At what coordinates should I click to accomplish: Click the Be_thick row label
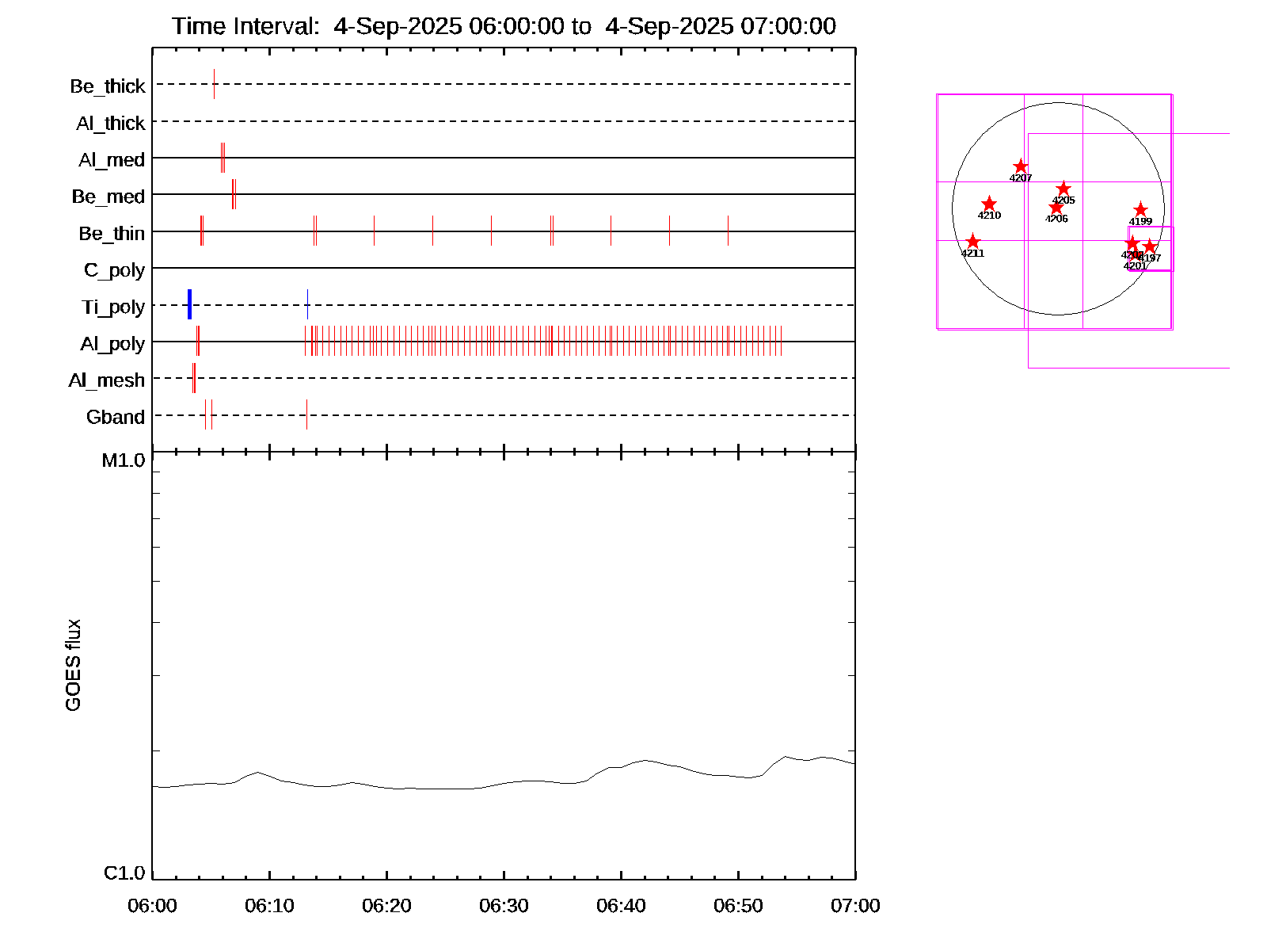[108, 86]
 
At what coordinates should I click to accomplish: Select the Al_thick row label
[111, 123]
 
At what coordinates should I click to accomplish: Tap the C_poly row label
[115, 270]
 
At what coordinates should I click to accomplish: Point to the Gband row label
[116, 417]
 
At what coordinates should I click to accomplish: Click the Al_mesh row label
[107, 380]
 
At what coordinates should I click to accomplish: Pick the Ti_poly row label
[113, 307]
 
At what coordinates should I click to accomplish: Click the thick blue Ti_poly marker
[189, 304]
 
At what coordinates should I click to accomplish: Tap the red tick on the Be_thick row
[214, 84]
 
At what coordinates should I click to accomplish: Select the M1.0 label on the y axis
[124, 460]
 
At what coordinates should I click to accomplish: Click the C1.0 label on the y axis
[124, 873]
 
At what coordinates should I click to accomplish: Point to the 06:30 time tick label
[504, 905]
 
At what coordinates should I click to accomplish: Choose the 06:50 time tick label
[738, 905]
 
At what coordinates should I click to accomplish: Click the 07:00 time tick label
[855, 905]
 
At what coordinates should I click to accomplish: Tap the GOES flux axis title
[73, 666]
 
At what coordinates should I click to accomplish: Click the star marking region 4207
[1021, 166]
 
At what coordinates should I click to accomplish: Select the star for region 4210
[989, 204]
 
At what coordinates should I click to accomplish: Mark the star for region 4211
[973, 242]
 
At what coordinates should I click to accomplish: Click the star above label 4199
[1140, 209]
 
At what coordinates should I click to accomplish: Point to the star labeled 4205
[1063, 189]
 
